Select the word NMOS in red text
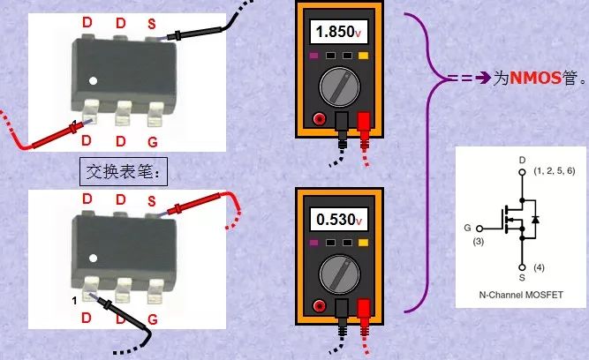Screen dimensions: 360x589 pyautogui.click(x=535, y=78)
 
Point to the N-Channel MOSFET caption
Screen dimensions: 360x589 pyautogui.click(x=521, y=295)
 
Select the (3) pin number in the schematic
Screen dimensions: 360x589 pyautogui.click(x=479, y=240)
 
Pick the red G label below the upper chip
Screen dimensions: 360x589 pyautogui.click(x=154, y=140)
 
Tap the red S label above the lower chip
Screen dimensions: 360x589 pyautogui.click(x=152, y=199)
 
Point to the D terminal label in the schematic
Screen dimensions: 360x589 pyautogui.click(x=522, y=160)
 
